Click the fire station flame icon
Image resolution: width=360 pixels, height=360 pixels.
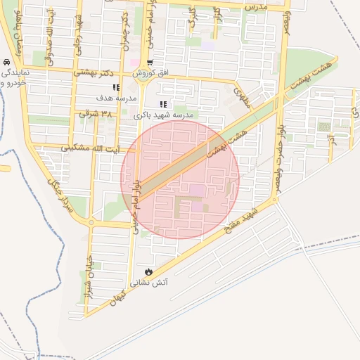coord(148,271)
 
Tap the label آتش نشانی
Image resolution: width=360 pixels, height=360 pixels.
coord(148,283)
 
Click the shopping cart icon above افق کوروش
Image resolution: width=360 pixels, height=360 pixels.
coord(150,63)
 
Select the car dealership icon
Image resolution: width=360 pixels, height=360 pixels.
coord(6,62)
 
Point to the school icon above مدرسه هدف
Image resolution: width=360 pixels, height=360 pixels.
coord(116,87)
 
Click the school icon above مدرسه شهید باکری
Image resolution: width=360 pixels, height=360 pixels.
coord(163,104)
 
